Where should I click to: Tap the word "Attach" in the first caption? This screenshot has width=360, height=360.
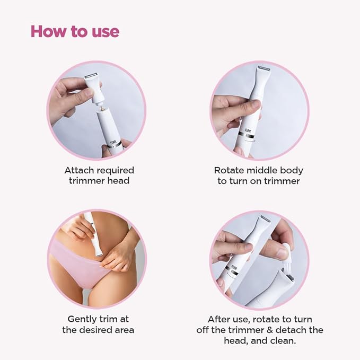(79, 171)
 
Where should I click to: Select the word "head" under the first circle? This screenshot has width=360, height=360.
(119, 181)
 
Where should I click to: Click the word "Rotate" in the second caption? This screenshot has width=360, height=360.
(229, 171)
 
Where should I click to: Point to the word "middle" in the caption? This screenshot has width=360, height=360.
(261, 171)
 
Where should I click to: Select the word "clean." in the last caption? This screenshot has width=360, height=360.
(283, 341)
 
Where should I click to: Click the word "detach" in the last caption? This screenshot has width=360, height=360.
(291, 330)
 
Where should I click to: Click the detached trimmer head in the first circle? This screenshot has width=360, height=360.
(94, 88)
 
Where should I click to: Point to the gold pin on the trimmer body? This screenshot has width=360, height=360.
(101, 107)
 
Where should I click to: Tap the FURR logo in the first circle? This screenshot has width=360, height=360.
(113, 143)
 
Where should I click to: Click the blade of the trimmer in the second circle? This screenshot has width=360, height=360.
(264, 68)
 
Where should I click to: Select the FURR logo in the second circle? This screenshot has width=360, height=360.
(248, 130)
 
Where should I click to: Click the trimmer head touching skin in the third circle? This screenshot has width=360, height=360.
(99, 254)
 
